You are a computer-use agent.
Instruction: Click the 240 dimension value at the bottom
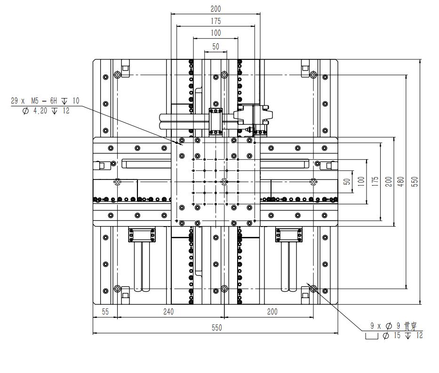(168, 312)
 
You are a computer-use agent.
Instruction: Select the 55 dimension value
(105, 312)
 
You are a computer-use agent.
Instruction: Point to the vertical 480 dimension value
(401, 182)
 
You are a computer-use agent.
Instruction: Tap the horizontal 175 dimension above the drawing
(216, 21)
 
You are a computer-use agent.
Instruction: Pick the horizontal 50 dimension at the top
(216, 47)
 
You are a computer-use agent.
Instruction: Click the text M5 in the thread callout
(35, 101)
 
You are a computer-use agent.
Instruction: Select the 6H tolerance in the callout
(54, 101)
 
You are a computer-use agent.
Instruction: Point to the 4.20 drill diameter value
(40, 111)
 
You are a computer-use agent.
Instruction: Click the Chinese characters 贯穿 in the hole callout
(410, 326)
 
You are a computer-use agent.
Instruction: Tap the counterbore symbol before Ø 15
(372, 336)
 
